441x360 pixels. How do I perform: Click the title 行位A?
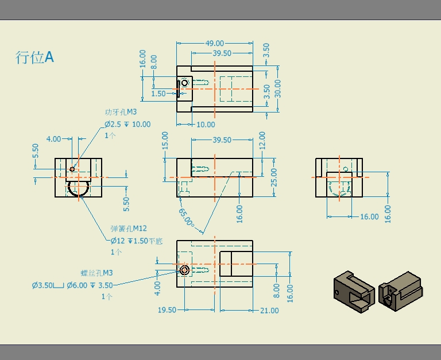[x=34, y=57]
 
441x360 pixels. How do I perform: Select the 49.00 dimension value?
[x=215, y=43]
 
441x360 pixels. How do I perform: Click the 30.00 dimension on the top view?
[x=277, y=88]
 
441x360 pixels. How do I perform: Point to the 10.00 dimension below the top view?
[x=206, y=125]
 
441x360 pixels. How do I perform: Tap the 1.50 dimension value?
[x=158, y=94]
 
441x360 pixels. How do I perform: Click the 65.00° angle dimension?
[x=186, y=218]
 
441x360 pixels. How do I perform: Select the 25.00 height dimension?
[x=274, y=177]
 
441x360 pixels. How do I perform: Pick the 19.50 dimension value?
[x=167, y=310]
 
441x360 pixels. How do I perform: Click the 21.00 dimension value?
[x=269, y=311]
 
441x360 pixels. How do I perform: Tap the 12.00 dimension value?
[x=262, y=140]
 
